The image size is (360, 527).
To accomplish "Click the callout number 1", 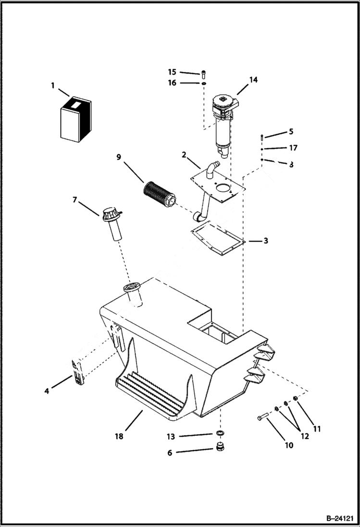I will [52, 86].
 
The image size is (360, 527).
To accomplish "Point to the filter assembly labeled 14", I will [224, 120].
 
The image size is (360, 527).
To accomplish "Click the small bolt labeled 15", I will [203, 74].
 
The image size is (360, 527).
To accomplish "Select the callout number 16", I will [172, 83].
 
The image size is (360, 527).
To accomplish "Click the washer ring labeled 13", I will [220, 435].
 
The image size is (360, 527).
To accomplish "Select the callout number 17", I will [294, 148].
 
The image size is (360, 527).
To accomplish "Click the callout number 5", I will [291, 132].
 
